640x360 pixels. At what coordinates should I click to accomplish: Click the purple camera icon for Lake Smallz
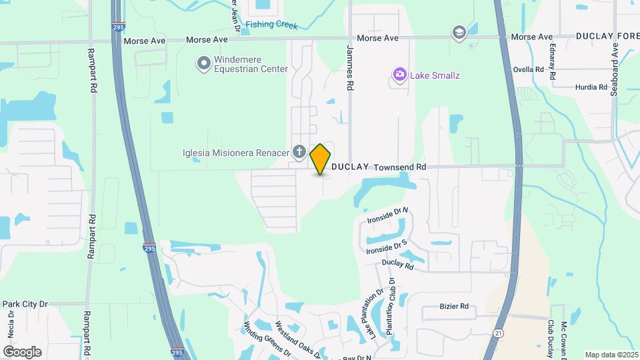(x=399, y=75)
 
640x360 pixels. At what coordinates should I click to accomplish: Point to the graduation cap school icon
(x=459, y=32)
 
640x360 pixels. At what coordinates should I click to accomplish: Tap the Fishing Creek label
(x=271, y=25)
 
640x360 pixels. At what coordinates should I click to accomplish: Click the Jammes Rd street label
(x=349, y=67)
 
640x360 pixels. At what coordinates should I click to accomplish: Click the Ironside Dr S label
(x=387, y=247)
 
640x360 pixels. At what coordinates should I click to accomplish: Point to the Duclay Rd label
(x=398, y=265)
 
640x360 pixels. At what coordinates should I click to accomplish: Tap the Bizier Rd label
(x=454, y=307)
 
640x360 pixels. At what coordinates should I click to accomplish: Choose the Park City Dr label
(x=25, y=304)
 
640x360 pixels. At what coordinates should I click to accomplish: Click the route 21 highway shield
(x=498, y=332)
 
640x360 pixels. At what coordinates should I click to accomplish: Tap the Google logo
(x=22, y=351)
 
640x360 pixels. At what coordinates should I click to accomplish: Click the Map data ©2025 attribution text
(x=611, y=355)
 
